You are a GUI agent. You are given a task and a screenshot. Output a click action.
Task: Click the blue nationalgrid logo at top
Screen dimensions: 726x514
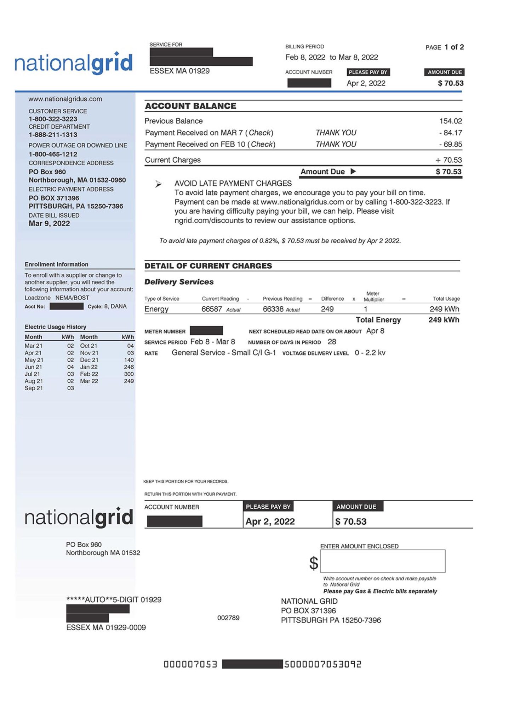(x=73, y=63)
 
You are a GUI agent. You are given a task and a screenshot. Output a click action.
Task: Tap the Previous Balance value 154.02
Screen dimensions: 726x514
(x=450, y=121)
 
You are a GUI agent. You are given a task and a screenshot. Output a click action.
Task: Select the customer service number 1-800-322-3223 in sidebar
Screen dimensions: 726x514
(x=53, y=119)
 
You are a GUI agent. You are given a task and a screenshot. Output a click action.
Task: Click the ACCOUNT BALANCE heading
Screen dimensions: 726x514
(x=190, y=106)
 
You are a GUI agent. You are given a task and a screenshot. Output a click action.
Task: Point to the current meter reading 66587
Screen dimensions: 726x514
(x=211, y=309)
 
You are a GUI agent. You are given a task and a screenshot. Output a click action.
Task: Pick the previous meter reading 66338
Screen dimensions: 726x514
(x=273, y=309)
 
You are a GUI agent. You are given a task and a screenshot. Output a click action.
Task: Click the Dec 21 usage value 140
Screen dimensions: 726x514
(x=128, y=360)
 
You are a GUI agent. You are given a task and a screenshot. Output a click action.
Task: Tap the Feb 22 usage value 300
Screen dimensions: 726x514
(x=128, y=374)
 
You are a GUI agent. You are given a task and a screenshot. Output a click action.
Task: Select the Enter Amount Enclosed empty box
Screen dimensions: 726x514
(x=382, y=561)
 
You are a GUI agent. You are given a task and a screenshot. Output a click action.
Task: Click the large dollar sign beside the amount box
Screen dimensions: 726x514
(x=314, y=563)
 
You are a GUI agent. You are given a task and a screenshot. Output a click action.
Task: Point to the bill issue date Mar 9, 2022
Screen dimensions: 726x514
(x=49, y=223)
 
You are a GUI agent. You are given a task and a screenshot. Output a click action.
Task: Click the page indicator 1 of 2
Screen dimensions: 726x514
(x=454, y=47)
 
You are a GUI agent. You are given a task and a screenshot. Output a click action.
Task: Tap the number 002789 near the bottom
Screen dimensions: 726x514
(x=228, y=618)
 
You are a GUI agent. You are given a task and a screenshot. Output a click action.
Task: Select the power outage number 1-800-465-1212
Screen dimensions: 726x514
(x=53, y=154)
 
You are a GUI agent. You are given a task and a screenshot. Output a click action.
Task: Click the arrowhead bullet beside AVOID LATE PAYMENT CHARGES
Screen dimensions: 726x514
(x=159, y=184)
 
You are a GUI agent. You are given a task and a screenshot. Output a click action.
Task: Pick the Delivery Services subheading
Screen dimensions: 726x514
(x=179, y=282)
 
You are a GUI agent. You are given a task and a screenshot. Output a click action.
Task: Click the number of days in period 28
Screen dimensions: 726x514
(x=332, y=342)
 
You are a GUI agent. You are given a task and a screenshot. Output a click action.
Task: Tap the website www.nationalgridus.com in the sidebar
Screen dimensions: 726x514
(x=65, y=99)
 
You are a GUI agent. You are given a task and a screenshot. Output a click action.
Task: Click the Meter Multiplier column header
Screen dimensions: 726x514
(x=373, y=296)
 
